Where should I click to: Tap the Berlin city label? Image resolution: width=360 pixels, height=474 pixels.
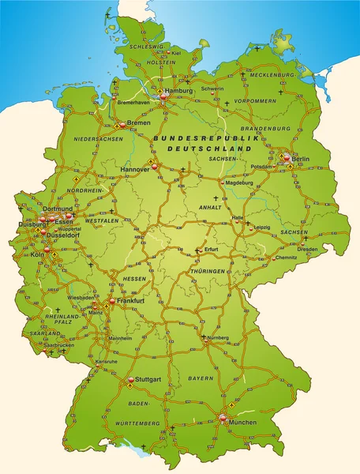coord(301,160)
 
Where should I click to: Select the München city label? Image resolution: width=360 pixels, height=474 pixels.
coord(243,423)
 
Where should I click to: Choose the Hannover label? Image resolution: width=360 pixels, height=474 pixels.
coord(135,169)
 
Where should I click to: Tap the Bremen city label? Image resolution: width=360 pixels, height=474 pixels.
coord(138,123)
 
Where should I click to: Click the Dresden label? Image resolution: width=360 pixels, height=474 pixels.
coord(309,249)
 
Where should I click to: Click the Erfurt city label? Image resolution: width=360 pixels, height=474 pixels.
coord(211,250)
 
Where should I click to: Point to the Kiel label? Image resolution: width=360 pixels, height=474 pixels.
coord(176,54)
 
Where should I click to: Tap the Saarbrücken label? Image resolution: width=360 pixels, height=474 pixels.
coord(58,345)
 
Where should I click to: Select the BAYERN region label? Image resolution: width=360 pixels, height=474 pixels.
coord(201,379)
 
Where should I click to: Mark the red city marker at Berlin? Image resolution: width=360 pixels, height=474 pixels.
coord(287,158)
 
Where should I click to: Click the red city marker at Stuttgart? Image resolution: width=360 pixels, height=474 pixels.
coord(131,380)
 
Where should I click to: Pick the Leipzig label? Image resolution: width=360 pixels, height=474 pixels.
coord(262,228)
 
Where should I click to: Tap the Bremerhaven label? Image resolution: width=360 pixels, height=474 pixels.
coord(133,103)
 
